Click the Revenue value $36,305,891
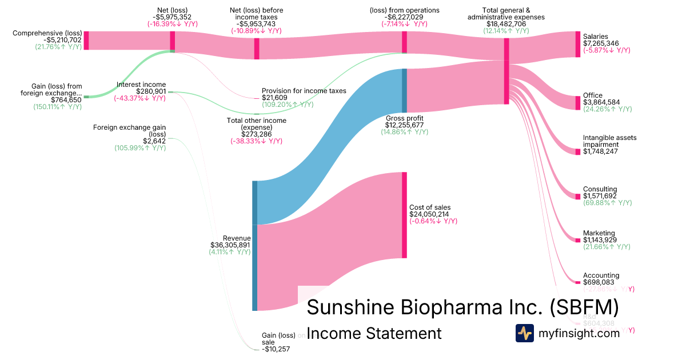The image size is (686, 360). (230, 245)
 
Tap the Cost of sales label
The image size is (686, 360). (430, 207)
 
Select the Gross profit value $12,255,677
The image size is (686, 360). (404, 125)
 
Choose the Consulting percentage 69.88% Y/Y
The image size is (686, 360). (607, 203)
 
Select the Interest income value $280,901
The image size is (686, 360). (151, 91)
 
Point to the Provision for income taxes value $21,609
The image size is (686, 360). (274, 98)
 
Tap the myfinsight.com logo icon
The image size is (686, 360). (524, 333)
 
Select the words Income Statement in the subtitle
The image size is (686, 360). (374, 334)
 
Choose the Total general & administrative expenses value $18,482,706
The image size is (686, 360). (505, 24)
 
